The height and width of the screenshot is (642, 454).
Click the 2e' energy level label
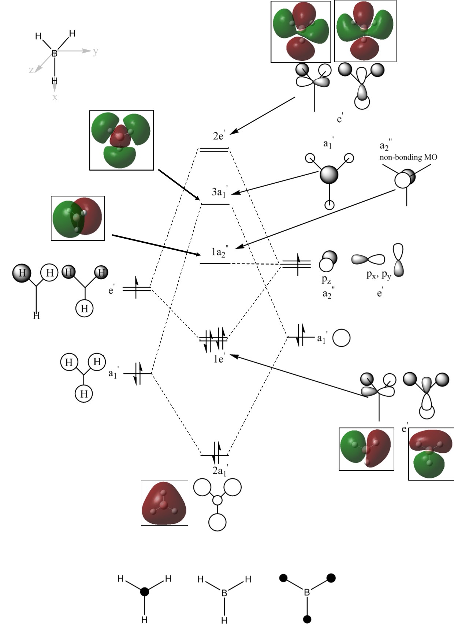point(219,136)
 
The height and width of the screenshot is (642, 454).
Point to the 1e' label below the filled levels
point(219,359)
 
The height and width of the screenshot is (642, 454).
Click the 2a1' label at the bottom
point(219,471)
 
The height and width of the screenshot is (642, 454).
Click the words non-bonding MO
point(408,157)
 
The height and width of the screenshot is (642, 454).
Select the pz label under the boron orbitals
point(326,280)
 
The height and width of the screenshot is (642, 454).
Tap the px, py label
point(379,275)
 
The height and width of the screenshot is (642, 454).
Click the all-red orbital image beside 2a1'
point(164,503)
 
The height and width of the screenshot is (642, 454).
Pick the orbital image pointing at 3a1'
point(122,140)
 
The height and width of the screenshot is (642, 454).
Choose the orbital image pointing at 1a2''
point(78,218)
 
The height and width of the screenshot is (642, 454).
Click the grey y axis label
point(96,51)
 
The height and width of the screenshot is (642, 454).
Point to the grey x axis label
point(55,97)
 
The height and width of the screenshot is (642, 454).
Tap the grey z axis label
point(31,70)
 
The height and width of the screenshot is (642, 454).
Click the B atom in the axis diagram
point(55,53)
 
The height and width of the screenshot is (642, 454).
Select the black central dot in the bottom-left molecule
point(145,591)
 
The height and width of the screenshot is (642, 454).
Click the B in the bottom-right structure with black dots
point(307,592)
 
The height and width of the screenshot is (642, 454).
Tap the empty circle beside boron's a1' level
point(341,338)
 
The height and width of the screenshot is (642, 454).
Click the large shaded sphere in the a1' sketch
point(329,175)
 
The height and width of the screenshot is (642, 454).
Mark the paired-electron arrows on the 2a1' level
point(216,453)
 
